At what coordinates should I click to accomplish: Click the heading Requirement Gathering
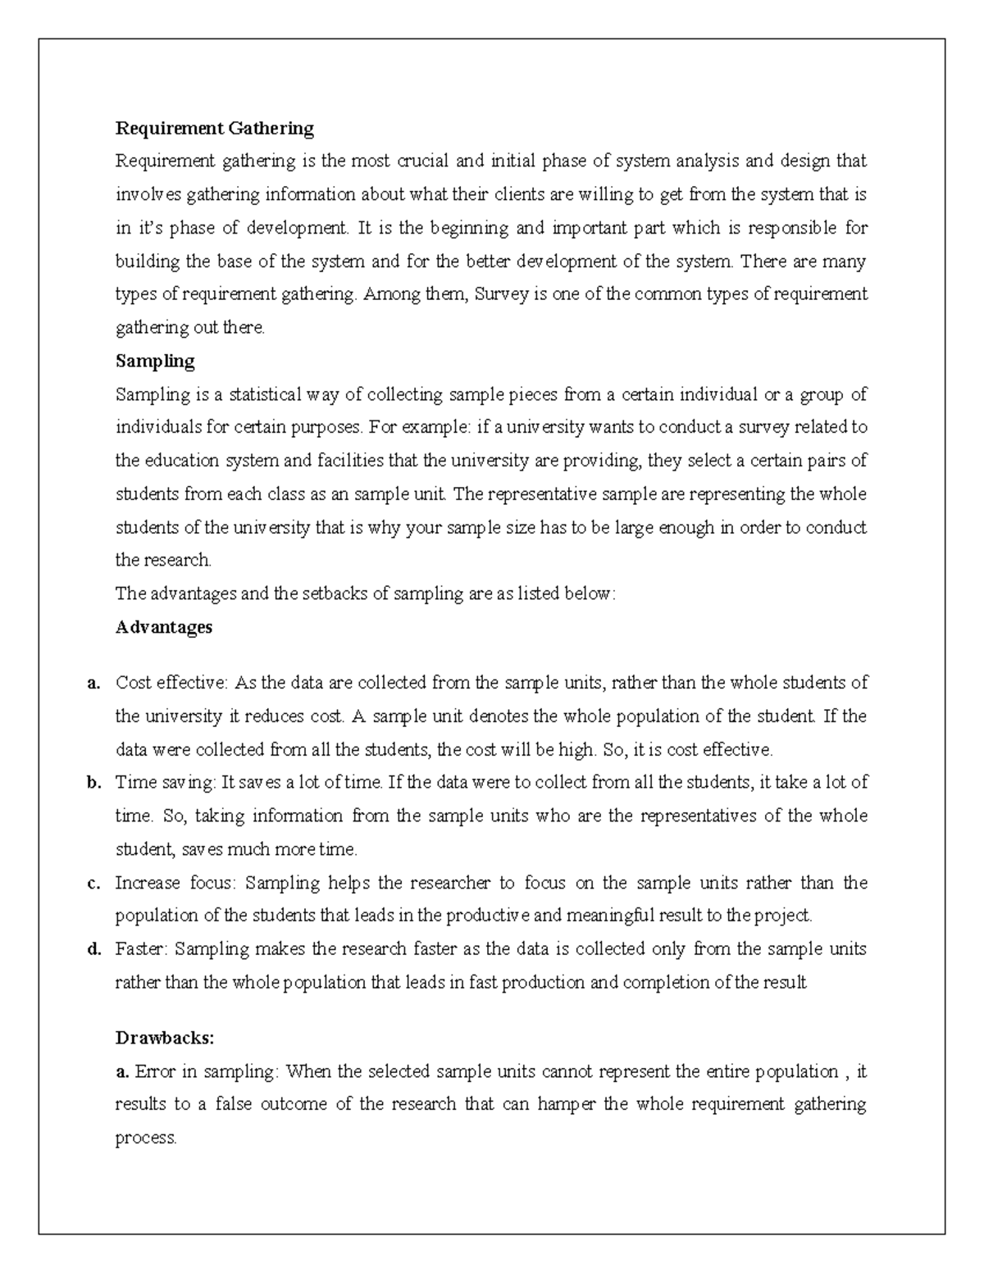coord(214,128)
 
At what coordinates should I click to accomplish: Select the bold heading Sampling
coord(155,361)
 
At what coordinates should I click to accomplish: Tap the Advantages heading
coord(164,627)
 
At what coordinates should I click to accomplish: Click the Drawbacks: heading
coord(165,1038)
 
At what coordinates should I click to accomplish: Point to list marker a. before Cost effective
coord(94,683)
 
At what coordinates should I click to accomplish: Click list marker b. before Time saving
coord(94,783)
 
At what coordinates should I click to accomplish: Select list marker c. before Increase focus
coord(94,884)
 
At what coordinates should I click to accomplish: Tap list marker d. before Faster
coord(94,949)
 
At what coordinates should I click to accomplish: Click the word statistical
coord(266,394)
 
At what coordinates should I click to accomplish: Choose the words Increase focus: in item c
coord(175,884)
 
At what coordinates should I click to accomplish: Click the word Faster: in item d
coord(142,949)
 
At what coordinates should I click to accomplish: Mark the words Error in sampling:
coord(207,1071)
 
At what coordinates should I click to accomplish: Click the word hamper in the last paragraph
coord(567,1104)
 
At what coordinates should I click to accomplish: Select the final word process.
coord(145,1138)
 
